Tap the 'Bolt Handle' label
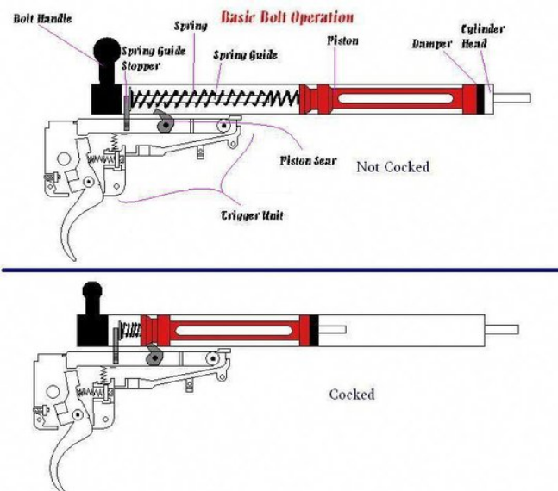(x=43, y=18)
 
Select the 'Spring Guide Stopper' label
(x=154, y=57)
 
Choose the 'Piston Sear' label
(x=308, y=160)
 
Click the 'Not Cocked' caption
(x=392, y=166)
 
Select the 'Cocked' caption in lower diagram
(x=352, y=394)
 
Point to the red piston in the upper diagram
(x=388, y=98)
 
